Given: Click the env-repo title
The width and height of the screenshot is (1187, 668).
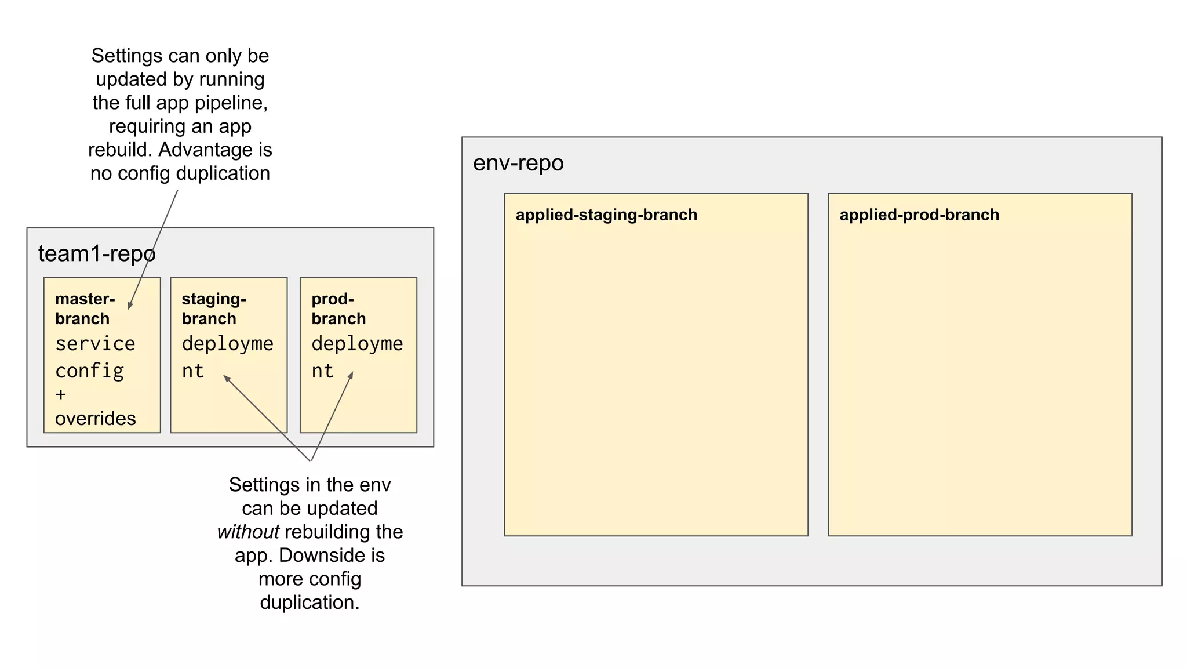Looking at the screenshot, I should [518, 163].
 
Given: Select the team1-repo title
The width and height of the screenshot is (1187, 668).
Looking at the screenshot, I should [96, 254].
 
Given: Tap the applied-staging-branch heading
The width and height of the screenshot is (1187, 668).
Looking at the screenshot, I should [606, 215].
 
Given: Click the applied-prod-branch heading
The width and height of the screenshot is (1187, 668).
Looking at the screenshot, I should [919, 215].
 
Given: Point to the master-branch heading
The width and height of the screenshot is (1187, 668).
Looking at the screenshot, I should [84, 308].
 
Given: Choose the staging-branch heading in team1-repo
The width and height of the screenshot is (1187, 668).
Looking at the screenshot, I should [213, 308].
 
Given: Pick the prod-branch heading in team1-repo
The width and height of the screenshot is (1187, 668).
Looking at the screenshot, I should [338, 308].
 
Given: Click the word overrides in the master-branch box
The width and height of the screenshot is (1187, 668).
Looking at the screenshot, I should [95, 419].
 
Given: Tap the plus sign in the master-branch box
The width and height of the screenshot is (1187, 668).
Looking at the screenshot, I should [61, 395].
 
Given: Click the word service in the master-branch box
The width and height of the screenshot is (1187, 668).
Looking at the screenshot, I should [95, 344].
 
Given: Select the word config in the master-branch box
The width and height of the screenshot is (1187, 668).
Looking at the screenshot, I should [89, 371].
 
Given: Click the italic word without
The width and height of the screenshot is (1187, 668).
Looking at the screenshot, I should [248, 532].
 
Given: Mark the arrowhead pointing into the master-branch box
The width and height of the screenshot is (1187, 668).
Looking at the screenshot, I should [130, 305].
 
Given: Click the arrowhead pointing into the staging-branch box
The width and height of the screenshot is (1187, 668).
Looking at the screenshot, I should [227, 379].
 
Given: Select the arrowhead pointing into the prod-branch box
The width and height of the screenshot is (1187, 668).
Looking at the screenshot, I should [351, 375].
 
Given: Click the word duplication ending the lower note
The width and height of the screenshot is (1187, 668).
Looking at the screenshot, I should [309, 602].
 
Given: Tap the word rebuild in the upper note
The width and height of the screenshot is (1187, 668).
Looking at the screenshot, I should [120, 150].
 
